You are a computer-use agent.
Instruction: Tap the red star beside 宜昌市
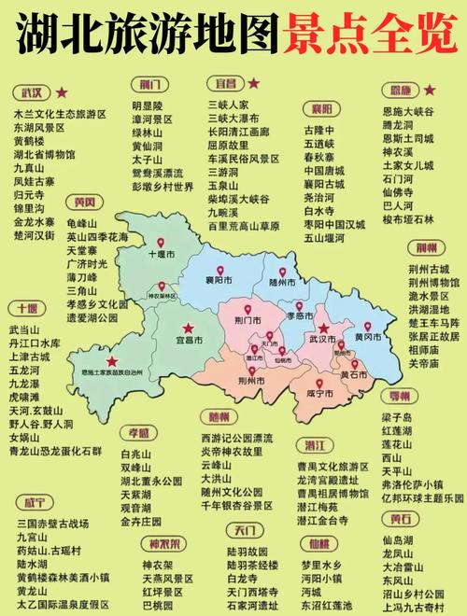pos(190,327)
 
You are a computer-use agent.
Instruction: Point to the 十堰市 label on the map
pos(163,254)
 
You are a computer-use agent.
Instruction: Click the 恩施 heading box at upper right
pos(402,90)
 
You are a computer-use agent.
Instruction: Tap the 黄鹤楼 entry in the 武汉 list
pos(32,141)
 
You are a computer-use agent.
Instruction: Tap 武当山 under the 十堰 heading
pos(25,329)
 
